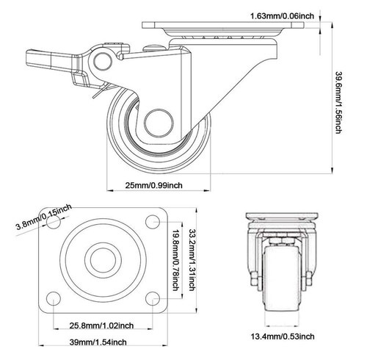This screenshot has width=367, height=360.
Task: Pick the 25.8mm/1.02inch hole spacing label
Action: pos(101,324)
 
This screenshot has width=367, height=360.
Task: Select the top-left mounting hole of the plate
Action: pos(54,221)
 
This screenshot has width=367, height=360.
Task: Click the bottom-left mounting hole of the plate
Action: pos(54,298)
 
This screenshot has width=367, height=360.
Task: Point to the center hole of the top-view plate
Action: pos(102,260)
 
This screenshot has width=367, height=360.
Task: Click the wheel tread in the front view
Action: pos(280,279)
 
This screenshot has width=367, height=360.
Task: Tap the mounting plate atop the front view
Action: pos(280,218)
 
